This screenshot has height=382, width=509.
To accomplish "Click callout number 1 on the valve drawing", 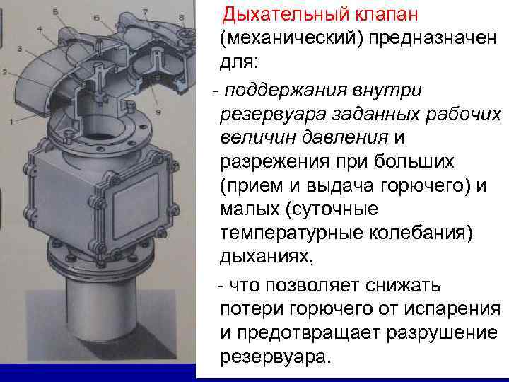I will pos(11,122).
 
